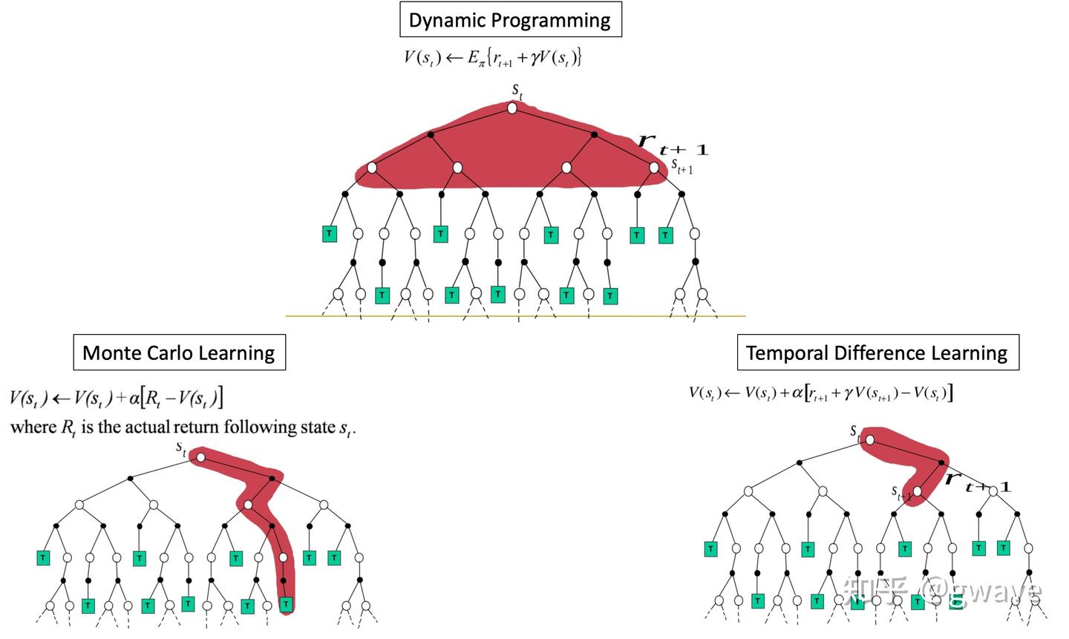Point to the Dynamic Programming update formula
[492, 58]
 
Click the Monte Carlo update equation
[117, 398]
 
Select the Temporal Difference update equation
[821, 393]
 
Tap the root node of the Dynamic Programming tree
[512, 108]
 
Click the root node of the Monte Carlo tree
[201, 458]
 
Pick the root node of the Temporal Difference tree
[870, 440]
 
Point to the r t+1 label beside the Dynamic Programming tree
[673, 145]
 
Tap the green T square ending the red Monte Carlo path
[286, 604]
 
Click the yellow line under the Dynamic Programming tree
[515, 316]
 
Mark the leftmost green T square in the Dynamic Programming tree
[330, 234]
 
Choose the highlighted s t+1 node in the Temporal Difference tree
[918, 491]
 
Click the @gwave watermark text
[981, 591]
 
